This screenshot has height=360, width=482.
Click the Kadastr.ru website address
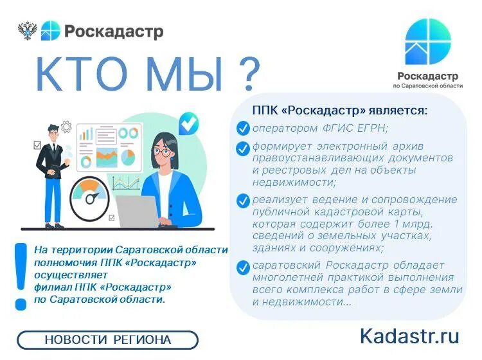pyautogui.click(x=409, y=336)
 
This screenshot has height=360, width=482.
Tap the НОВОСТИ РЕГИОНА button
pyautogui.click(x=107, y=339)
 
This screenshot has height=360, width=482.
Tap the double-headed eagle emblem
pyautogui.click(x=28, y=30)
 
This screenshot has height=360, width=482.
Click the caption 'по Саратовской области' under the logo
pyautogui.click(x=428, y=85)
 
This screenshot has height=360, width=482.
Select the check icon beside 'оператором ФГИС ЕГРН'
pyautogui.click(x=243, y=128)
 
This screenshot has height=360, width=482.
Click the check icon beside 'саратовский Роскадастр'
pyautogui.click(x=243, y=267)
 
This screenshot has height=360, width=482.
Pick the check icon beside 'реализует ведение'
pyautogui.click(x=243, y=201)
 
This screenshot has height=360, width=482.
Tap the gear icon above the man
pyautogui.click(x=66, y=127)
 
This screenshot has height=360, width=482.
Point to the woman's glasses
pyautogui.click(x=163, y=152)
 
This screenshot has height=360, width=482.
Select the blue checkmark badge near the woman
pyautogui.click(x=188, y=123)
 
